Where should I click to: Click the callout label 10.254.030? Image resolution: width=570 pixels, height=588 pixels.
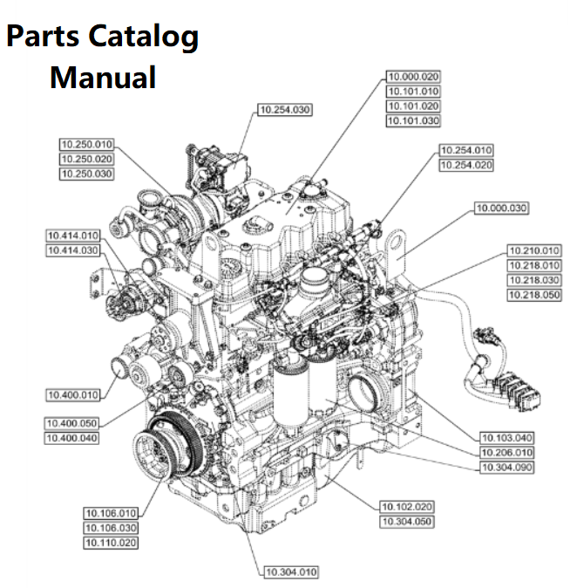pyautogui.click(x=284, y=110)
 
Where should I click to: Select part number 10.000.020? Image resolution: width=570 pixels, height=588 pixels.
pyautogui.click(x=413, y=78)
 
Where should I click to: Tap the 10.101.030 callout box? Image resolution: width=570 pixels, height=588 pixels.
pyautogui.click(x=413, y=121)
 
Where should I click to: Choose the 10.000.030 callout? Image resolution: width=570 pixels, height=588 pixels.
pyautogui.click(x=501, y=209)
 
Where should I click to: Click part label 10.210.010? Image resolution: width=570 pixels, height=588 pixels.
pyautogui.click(x=534, y=251)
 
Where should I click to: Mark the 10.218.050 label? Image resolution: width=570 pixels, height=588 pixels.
pyautogui.click(x=534, y=295)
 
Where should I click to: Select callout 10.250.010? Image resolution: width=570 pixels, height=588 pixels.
pyautogui.click(x=87, y=144)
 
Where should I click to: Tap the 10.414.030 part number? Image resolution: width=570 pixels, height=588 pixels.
pyautogui.click(x=73, y=250)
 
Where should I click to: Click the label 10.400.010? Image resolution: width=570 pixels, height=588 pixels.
pyautogui.click(x=74, y=395)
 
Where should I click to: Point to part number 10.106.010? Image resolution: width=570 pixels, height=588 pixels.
pyautogui.click(x=112, y=513)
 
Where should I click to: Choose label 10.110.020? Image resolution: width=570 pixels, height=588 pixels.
pyautogui.click(x=112, y=543)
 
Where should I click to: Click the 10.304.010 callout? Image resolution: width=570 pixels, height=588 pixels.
pyautogui.click(x=290, y=572)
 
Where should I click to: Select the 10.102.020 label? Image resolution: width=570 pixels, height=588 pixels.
pyautogui.click(x=407, y=507)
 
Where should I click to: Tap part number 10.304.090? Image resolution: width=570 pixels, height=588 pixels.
pyautogui.click(x=506, y=468)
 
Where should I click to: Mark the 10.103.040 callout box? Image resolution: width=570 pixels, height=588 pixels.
pyautogui.click(x=506, y=437)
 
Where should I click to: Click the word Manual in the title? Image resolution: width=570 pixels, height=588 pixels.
pyautogui.click(x=103, y=78)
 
